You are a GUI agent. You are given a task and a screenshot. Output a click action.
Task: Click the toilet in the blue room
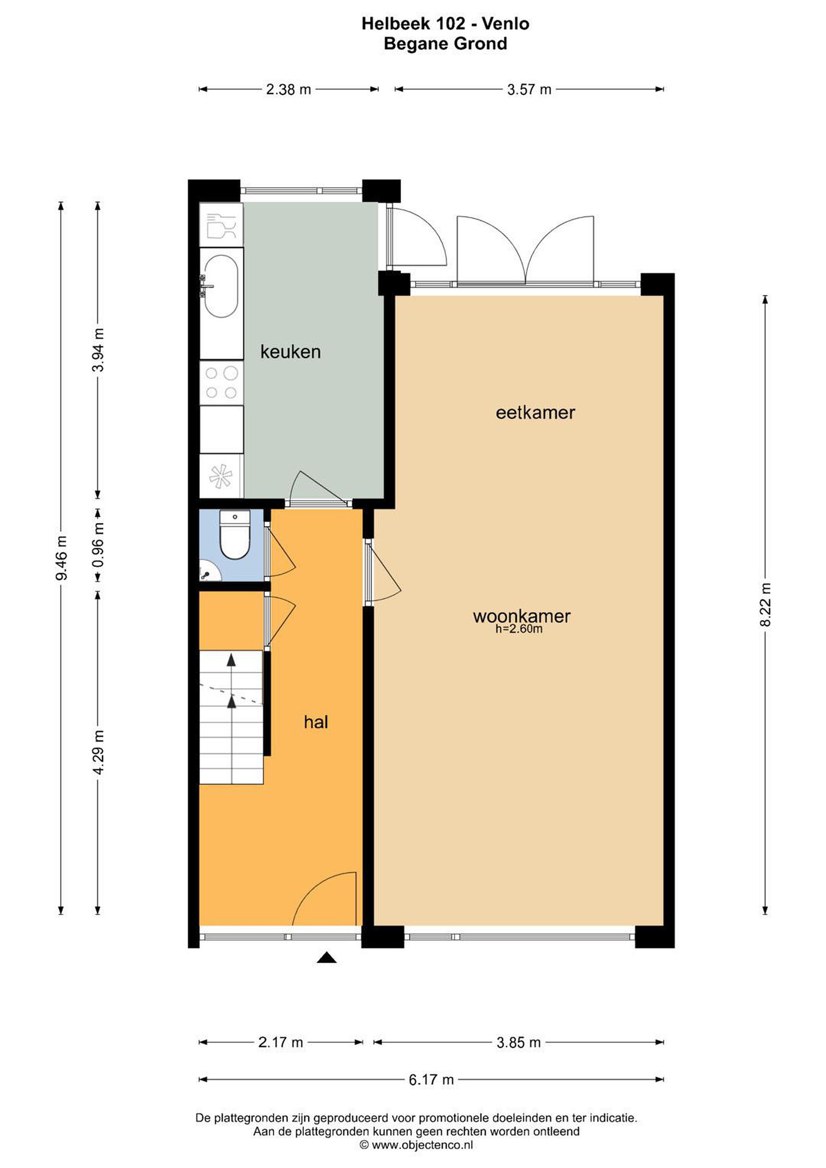point(234,535)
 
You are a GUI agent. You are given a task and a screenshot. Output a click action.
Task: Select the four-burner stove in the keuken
point(221,382)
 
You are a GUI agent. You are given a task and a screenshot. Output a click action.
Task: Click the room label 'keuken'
point(290,352)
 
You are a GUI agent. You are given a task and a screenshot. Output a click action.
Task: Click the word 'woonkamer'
point(522,616)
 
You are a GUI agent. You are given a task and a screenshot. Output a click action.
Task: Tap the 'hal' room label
point(316,722)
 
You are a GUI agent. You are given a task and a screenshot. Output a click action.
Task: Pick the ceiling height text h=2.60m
point(519,629)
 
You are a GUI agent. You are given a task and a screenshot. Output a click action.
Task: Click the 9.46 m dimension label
point(62,558)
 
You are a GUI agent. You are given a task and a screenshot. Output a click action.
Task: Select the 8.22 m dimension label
point(766,604)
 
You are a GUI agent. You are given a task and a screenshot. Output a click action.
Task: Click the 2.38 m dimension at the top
point(288,90)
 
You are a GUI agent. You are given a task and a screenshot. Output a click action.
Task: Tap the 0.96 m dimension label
point(99,545)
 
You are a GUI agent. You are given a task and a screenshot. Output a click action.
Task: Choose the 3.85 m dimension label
point(518,1042)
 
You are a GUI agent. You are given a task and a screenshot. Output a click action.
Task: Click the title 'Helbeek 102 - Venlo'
point(445,24)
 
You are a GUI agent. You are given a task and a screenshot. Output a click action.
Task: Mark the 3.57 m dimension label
point(529,90)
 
